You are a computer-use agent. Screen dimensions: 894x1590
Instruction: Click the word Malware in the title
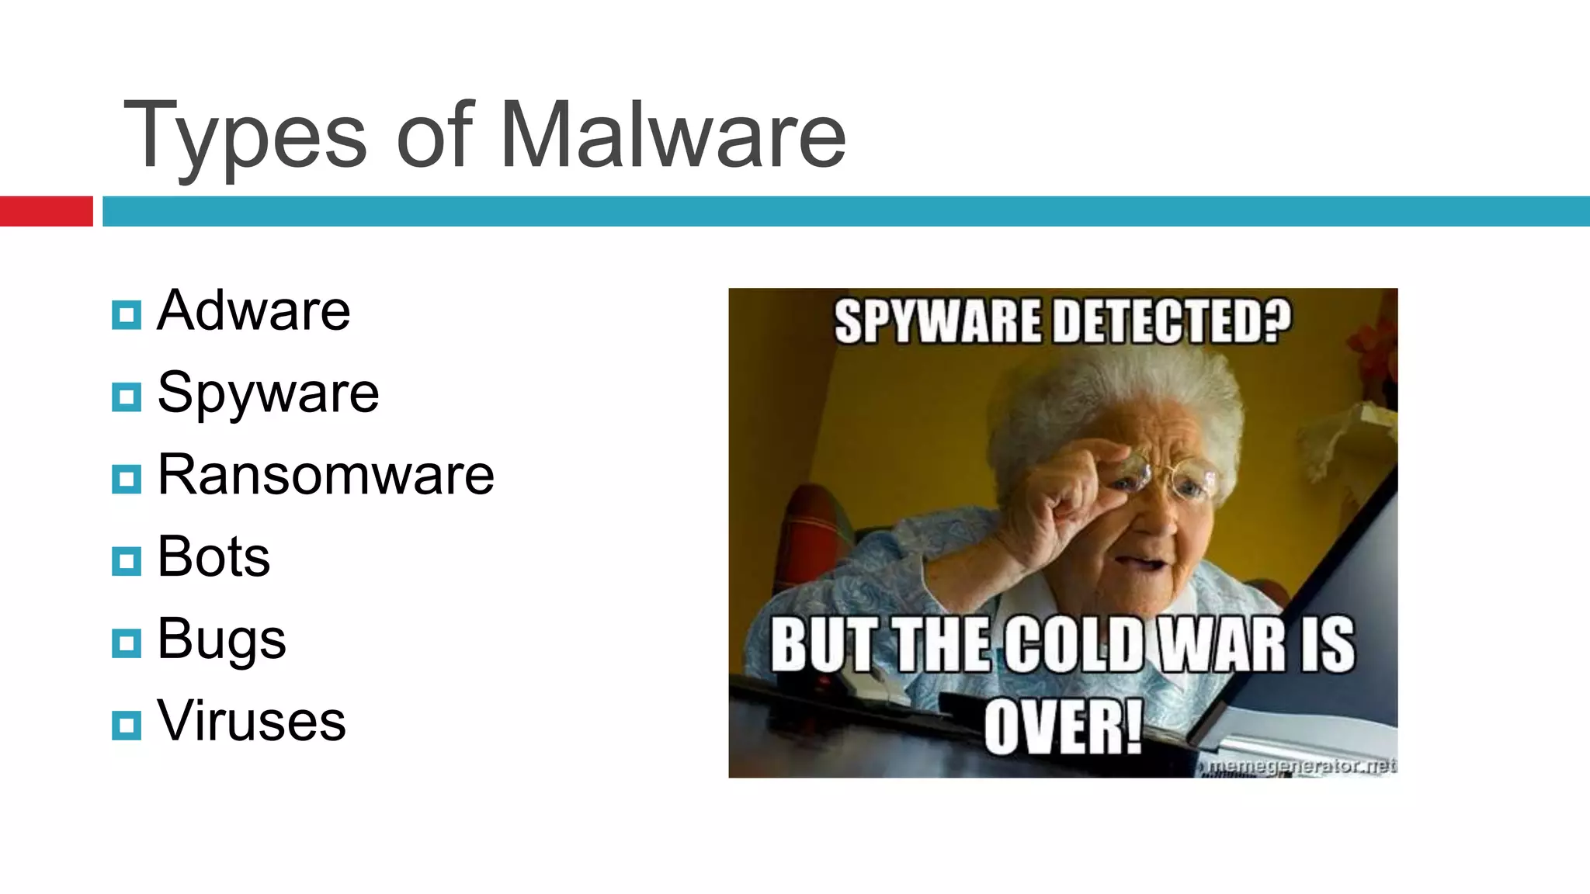click(x=672, y=136)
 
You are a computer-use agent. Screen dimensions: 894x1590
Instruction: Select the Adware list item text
click(x=254, y=310)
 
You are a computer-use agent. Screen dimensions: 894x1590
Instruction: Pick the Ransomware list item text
click(x=325, y=475)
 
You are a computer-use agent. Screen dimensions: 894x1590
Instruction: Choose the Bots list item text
click(x=214, y=557)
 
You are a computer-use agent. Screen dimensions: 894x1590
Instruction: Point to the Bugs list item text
click(x=221, y=640)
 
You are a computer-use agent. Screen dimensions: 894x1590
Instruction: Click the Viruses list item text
click(x=251, y=721)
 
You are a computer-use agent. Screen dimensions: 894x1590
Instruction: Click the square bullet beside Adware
click(x=127, y=315)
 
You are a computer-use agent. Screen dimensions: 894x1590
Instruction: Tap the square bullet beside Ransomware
click(x=127, y=480)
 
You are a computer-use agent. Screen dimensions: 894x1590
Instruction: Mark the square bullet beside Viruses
click(x=127, y=726)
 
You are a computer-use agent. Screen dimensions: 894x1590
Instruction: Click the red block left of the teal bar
click(x=46, y=211)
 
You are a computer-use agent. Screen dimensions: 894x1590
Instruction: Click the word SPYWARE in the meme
click(x=936, y=322)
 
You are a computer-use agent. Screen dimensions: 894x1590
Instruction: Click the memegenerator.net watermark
click(x=1302, y=766)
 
